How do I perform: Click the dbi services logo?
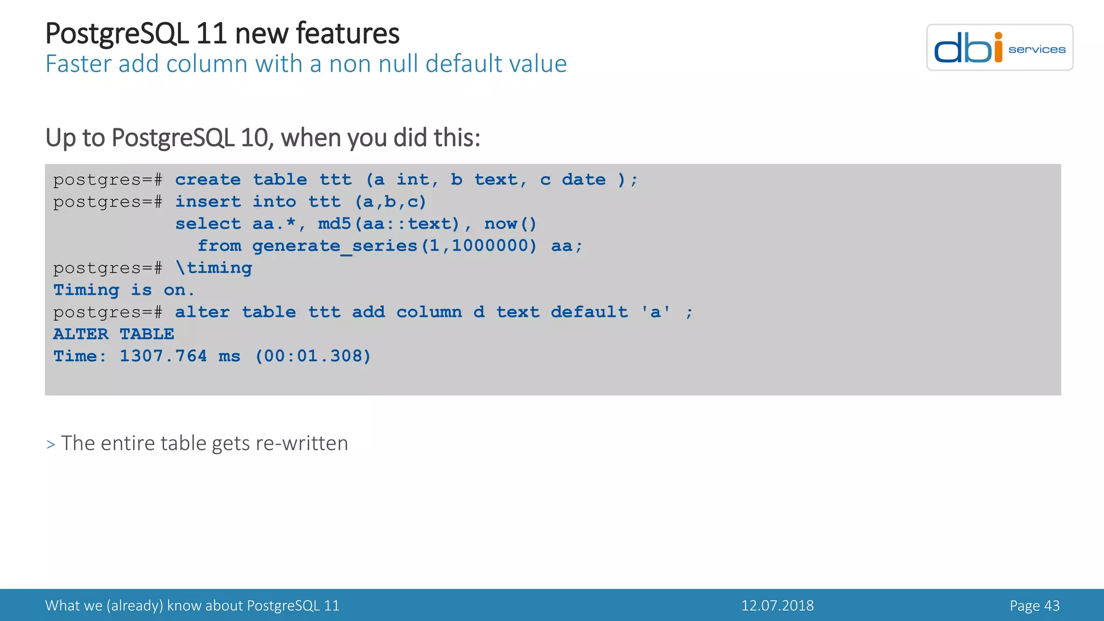[x=999, y=47]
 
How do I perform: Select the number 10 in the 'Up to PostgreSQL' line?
[x=254, y=137]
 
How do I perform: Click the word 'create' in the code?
[x=208, y=180]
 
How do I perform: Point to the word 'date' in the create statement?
[x=584, y=180]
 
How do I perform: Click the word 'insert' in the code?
[x=208, y=202]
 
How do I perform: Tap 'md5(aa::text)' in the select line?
[x=388, y=224]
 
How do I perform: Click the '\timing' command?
[x=213, y=268]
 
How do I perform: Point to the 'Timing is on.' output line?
[x=123, y=290]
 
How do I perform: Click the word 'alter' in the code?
[x=202, y=312]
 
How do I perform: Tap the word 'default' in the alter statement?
[x=589, y=312]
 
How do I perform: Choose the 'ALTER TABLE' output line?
[x=113, y=334]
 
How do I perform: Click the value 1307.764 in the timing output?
[x=163, y=356]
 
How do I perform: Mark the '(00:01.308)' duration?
[x=313, y=356]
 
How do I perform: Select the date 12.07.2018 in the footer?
[x=777, y=605]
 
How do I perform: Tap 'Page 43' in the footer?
[x=1034, y=605]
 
